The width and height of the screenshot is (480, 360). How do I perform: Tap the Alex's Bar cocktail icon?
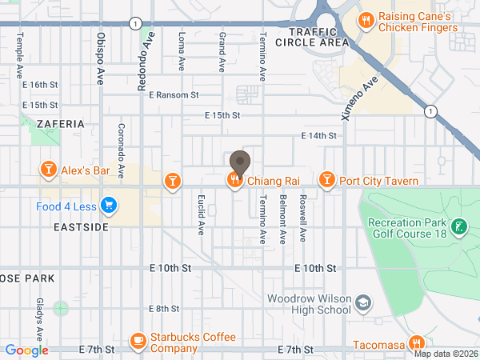coord(48,169)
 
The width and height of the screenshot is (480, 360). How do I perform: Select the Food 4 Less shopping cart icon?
coord(109,206)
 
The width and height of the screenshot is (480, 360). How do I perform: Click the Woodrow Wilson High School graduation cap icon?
coord(364,302)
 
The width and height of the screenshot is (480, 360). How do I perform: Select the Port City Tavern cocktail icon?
coord(326,180)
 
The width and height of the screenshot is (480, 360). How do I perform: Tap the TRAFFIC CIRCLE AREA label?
coord(318,36)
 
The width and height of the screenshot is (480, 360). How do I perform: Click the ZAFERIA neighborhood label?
coord(59,124)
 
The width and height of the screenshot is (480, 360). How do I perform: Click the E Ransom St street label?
coord(173,95)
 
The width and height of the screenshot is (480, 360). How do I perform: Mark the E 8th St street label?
coord(163,309)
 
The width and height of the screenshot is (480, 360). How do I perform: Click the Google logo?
coord(27,350)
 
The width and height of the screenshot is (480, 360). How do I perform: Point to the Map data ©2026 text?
coord(445,354)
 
